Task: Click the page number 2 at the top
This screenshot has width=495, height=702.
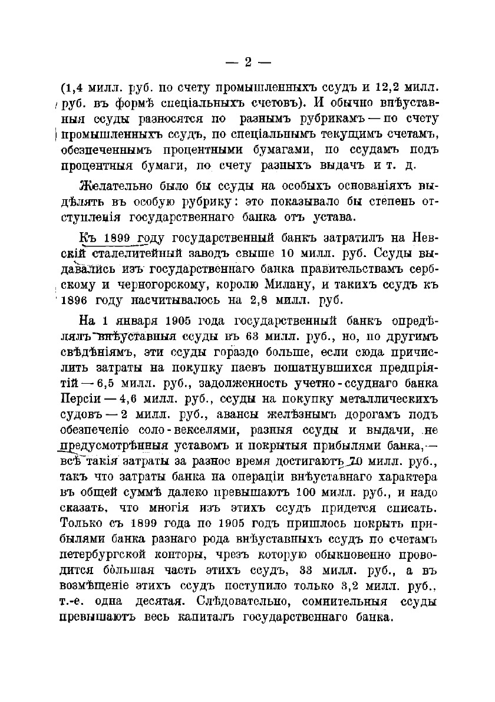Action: [247, 62]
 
